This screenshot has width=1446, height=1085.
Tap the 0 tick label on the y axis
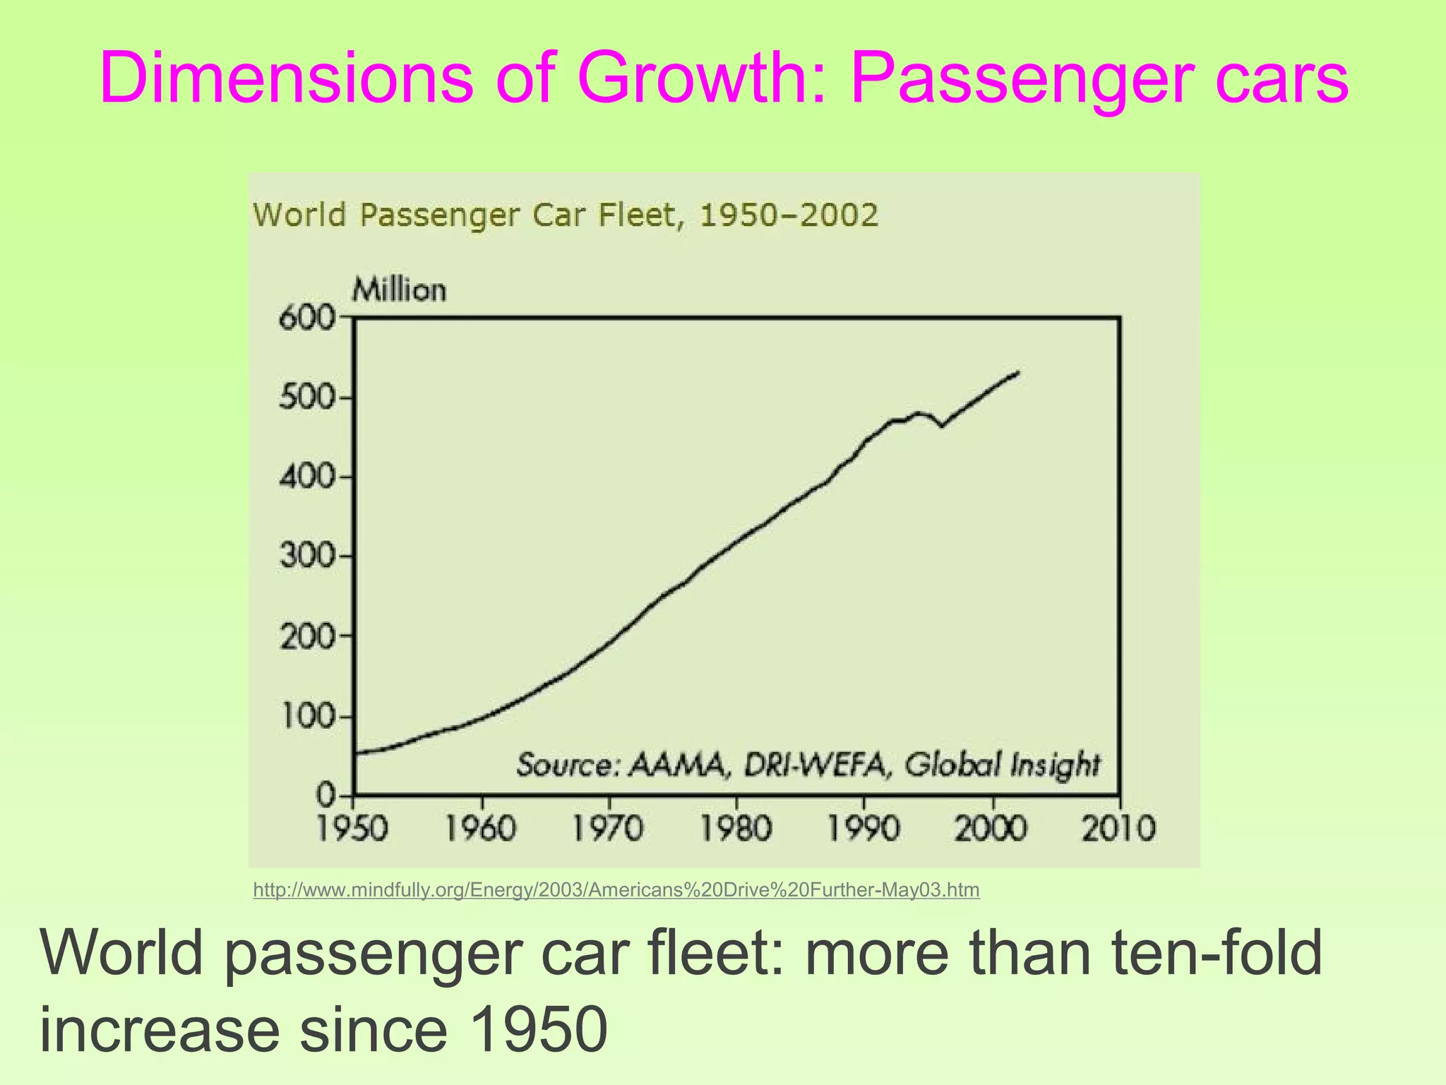click(x=325, y=796)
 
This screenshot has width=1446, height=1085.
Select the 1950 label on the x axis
click(x=352, y=829)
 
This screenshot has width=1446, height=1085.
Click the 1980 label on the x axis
click(x=736, y=829)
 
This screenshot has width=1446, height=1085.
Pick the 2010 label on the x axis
click(x=1119, y=829)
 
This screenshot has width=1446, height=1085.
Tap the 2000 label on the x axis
click(x=991, y=829)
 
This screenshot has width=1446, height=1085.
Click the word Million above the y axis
click(x=400, y=290)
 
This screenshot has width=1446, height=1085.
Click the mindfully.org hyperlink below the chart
click(x=616, y=890)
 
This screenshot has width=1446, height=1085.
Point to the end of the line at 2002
click(x=1017, y=372)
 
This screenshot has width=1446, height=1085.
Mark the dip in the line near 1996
click(x=941, y=426)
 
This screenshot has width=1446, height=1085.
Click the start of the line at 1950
click(x=356, y=753)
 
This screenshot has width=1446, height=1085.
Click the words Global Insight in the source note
click(x=1002, y=764)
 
